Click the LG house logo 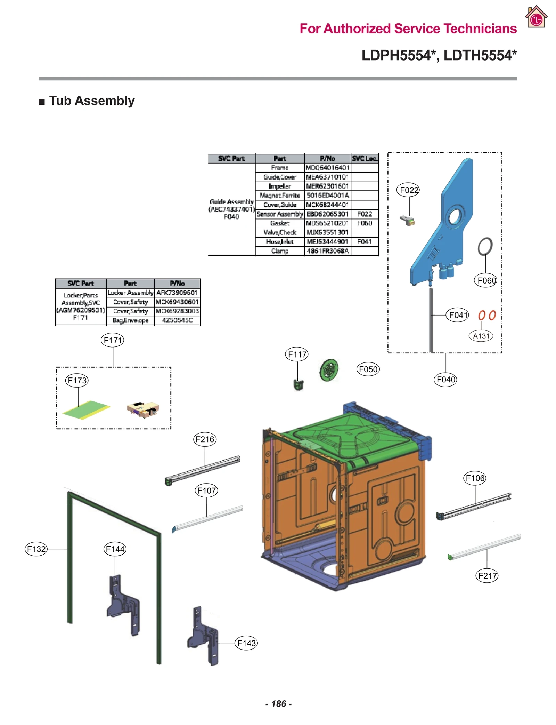pyautogui.click(x=536, y=17)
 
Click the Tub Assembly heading pyautogui.click(x=91, y=101)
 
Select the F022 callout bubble pyautogui.click(x=409, y=190)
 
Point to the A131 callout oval pyautogui.click(x=481, y=336)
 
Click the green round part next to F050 pyautogui.click(x=328, y=370)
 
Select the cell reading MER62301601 pyautogui.click(x=327, y=186)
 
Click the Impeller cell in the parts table pyautogui.click(x=280, y=186)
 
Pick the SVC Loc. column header pyautogui.click(x=364, y=159)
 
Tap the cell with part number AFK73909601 pyautogui.click(x=177, y=293)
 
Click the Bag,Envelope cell pyautogui.click(x=130, y=320)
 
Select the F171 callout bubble pyautogui.click(x=112, y=340)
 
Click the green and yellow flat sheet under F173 pyautogui.click(x=87, y=409)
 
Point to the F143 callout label pyautogui.click(x=246, y=643)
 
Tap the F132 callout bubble pyautogui.click(x=36, y=549)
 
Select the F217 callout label pyautogui.click(x=486, y=576)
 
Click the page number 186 pyautogui.click(x=278, y=704)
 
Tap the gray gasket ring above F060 pyautogui.click(x=485, y=247)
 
